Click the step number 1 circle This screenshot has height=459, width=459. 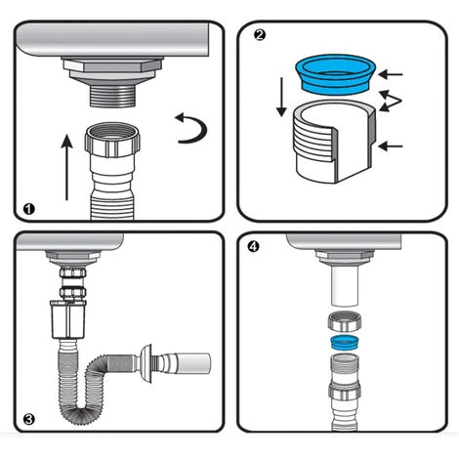[29, 209]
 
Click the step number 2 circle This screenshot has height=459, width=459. [259, 35]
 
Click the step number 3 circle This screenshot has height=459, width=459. [29, 419]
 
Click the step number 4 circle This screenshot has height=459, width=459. [253, 247]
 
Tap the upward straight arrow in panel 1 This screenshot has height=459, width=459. [67, 167]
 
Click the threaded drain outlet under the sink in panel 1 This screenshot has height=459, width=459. [112, 96]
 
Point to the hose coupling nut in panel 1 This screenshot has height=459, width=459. [112, 140]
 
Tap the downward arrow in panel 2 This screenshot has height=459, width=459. [281, 97]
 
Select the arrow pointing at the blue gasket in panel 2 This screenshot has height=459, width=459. [391, 74]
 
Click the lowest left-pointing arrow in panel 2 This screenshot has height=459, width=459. [391, 146]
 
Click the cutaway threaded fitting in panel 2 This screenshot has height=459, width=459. [335, 142]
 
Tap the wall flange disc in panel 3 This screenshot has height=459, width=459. [146, 363]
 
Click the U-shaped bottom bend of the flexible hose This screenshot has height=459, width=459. [77, 412]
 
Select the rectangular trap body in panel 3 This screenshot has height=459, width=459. [68, 319]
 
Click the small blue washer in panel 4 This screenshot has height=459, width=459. [345, 343]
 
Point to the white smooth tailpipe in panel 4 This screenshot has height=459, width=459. [345, 285]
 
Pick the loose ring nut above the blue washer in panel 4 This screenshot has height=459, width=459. [345, 321]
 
